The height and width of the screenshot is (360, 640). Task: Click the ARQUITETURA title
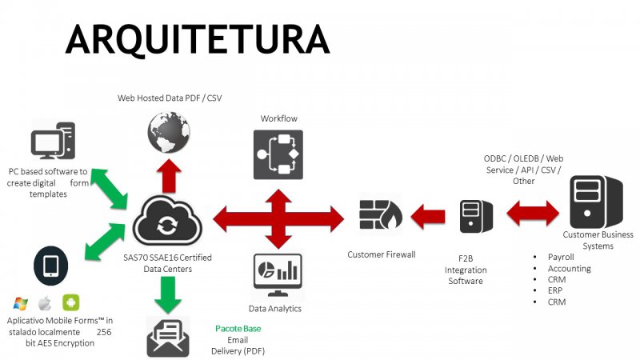point(197,39)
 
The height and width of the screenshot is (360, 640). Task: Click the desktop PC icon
point(53,142)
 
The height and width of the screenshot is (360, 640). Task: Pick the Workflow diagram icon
point(278,154)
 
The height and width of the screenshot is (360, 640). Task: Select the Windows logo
point(21,304)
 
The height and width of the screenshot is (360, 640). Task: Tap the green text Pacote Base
point(238,329)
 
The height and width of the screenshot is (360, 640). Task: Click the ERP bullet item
point(556,291)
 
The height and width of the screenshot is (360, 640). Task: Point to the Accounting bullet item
point(569,269)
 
